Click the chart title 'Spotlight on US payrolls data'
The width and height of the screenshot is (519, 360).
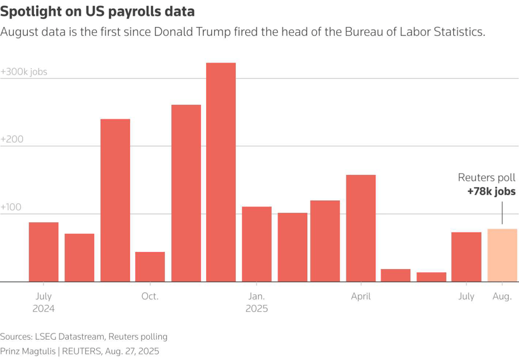(97, 11)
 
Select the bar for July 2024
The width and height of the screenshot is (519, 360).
(44, 252)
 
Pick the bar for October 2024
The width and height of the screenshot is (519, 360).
(150, 267)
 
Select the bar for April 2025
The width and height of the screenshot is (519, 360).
(361, 228)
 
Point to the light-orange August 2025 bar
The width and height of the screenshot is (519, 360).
(502, 255)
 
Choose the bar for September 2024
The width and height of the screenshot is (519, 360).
(115, 200)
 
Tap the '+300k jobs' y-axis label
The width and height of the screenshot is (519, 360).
(24, 72)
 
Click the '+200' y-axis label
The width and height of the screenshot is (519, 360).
(12, 139)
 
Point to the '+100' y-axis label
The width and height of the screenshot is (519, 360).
(12, 207)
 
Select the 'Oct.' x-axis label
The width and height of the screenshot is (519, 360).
(150, 296)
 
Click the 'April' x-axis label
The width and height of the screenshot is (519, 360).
(361, 296)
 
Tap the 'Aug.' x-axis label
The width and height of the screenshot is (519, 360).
(502, 296)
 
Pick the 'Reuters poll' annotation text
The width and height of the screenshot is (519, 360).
(486, 178)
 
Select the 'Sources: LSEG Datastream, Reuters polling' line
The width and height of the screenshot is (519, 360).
(83, 337)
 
